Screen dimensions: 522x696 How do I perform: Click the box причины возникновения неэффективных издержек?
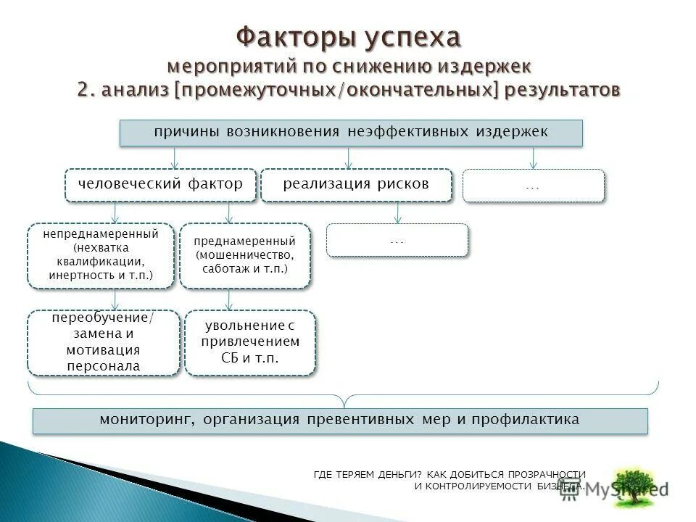tap(351, 133)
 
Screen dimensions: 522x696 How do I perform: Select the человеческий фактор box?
tap(161, 185)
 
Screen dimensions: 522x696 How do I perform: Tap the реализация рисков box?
tap(356, 185)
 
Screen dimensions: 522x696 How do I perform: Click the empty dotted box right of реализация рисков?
tap(533, 186)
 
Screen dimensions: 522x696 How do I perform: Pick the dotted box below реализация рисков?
tap(397, 240)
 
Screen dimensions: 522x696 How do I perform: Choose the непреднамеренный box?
tap(101, 256)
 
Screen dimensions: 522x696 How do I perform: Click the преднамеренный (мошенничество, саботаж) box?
tap(245, 256)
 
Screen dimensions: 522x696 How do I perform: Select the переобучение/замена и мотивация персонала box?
tap(104, 343)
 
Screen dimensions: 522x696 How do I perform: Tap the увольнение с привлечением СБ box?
tap(250, 342)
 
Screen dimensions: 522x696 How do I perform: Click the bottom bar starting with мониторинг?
tap(340, 420)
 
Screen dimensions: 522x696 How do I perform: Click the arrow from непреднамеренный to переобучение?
tap(115, 299)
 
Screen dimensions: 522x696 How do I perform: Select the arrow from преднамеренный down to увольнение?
tap(229, 299)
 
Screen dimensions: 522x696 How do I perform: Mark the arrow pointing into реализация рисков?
tap(349, 158)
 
